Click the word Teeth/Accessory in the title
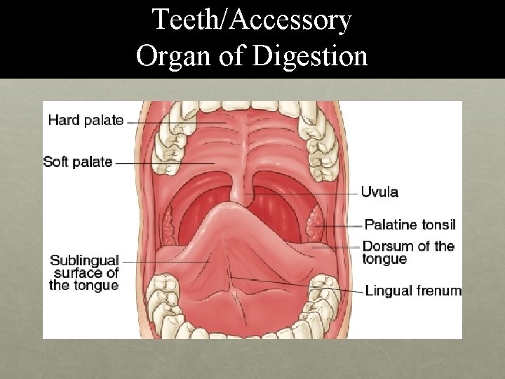point(252,20)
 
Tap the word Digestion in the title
point(311,55)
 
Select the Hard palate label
point(86,120)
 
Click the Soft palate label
point(78,162)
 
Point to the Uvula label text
point(380,192)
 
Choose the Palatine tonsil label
point(410,225)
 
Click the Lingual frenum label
point(413,291)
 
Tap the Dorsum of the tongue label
point(408,253)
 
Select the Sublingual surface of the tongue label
point(84,272)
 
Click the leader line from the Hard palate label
point(175,121)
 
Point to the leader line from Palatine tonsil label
point(340,226)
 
